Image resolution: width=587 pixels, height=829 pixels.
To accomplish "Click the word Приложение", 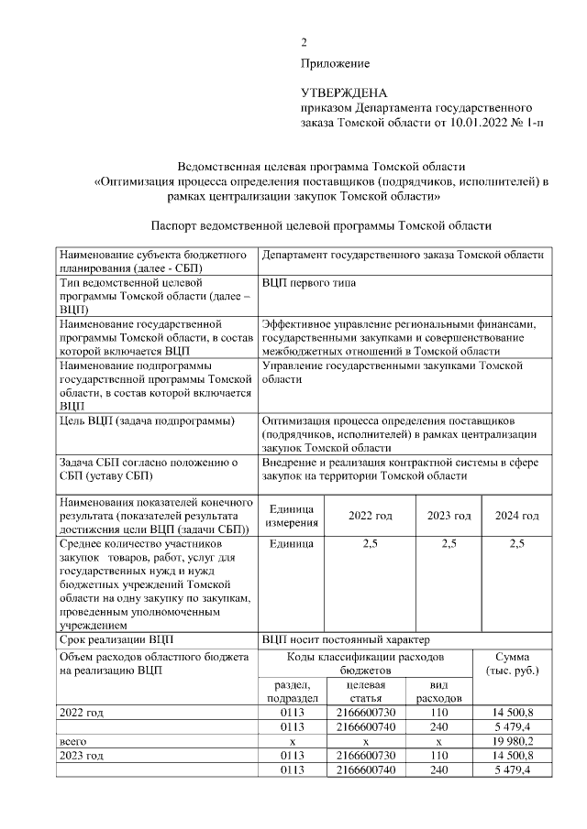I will tap(335, 63).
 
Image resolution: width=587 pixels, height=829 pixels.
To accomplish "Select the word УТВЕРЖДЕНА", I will tap(345, 93).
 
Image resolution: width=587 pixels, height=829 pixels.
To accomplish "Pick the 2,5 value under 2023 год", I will tap(449, 544).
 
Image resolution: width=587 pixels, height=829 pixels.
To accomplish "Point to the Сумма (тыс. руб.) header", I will tap(511, 664).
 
